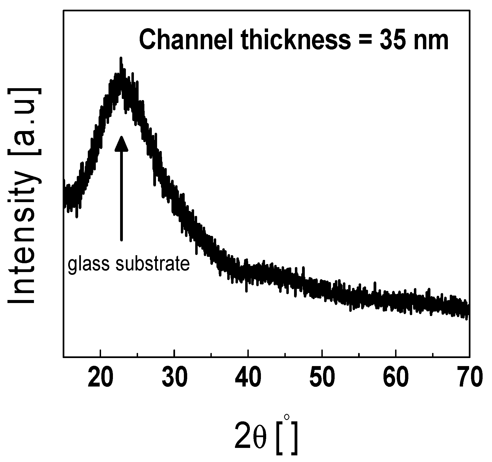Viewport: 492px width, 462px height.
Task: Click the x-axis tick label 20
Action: click(x=100, y=378)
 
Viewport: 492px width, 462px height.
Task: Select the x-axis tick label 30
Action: click(x=174, y=378)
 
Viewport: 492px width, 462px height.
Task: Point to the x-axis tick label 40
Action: click(x=248, y=378)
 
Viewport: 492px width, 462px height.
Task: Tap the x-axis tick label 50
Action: click(x=322, y=378)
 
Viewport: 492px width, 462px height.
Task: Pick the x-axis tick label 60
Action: click(x=396, y=378)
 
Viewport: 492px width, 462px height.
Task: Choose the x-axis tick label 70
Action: click(x=469, y=378)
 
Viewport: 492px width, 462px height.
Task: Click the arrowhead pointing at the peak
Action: click(x=121, y=143)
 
